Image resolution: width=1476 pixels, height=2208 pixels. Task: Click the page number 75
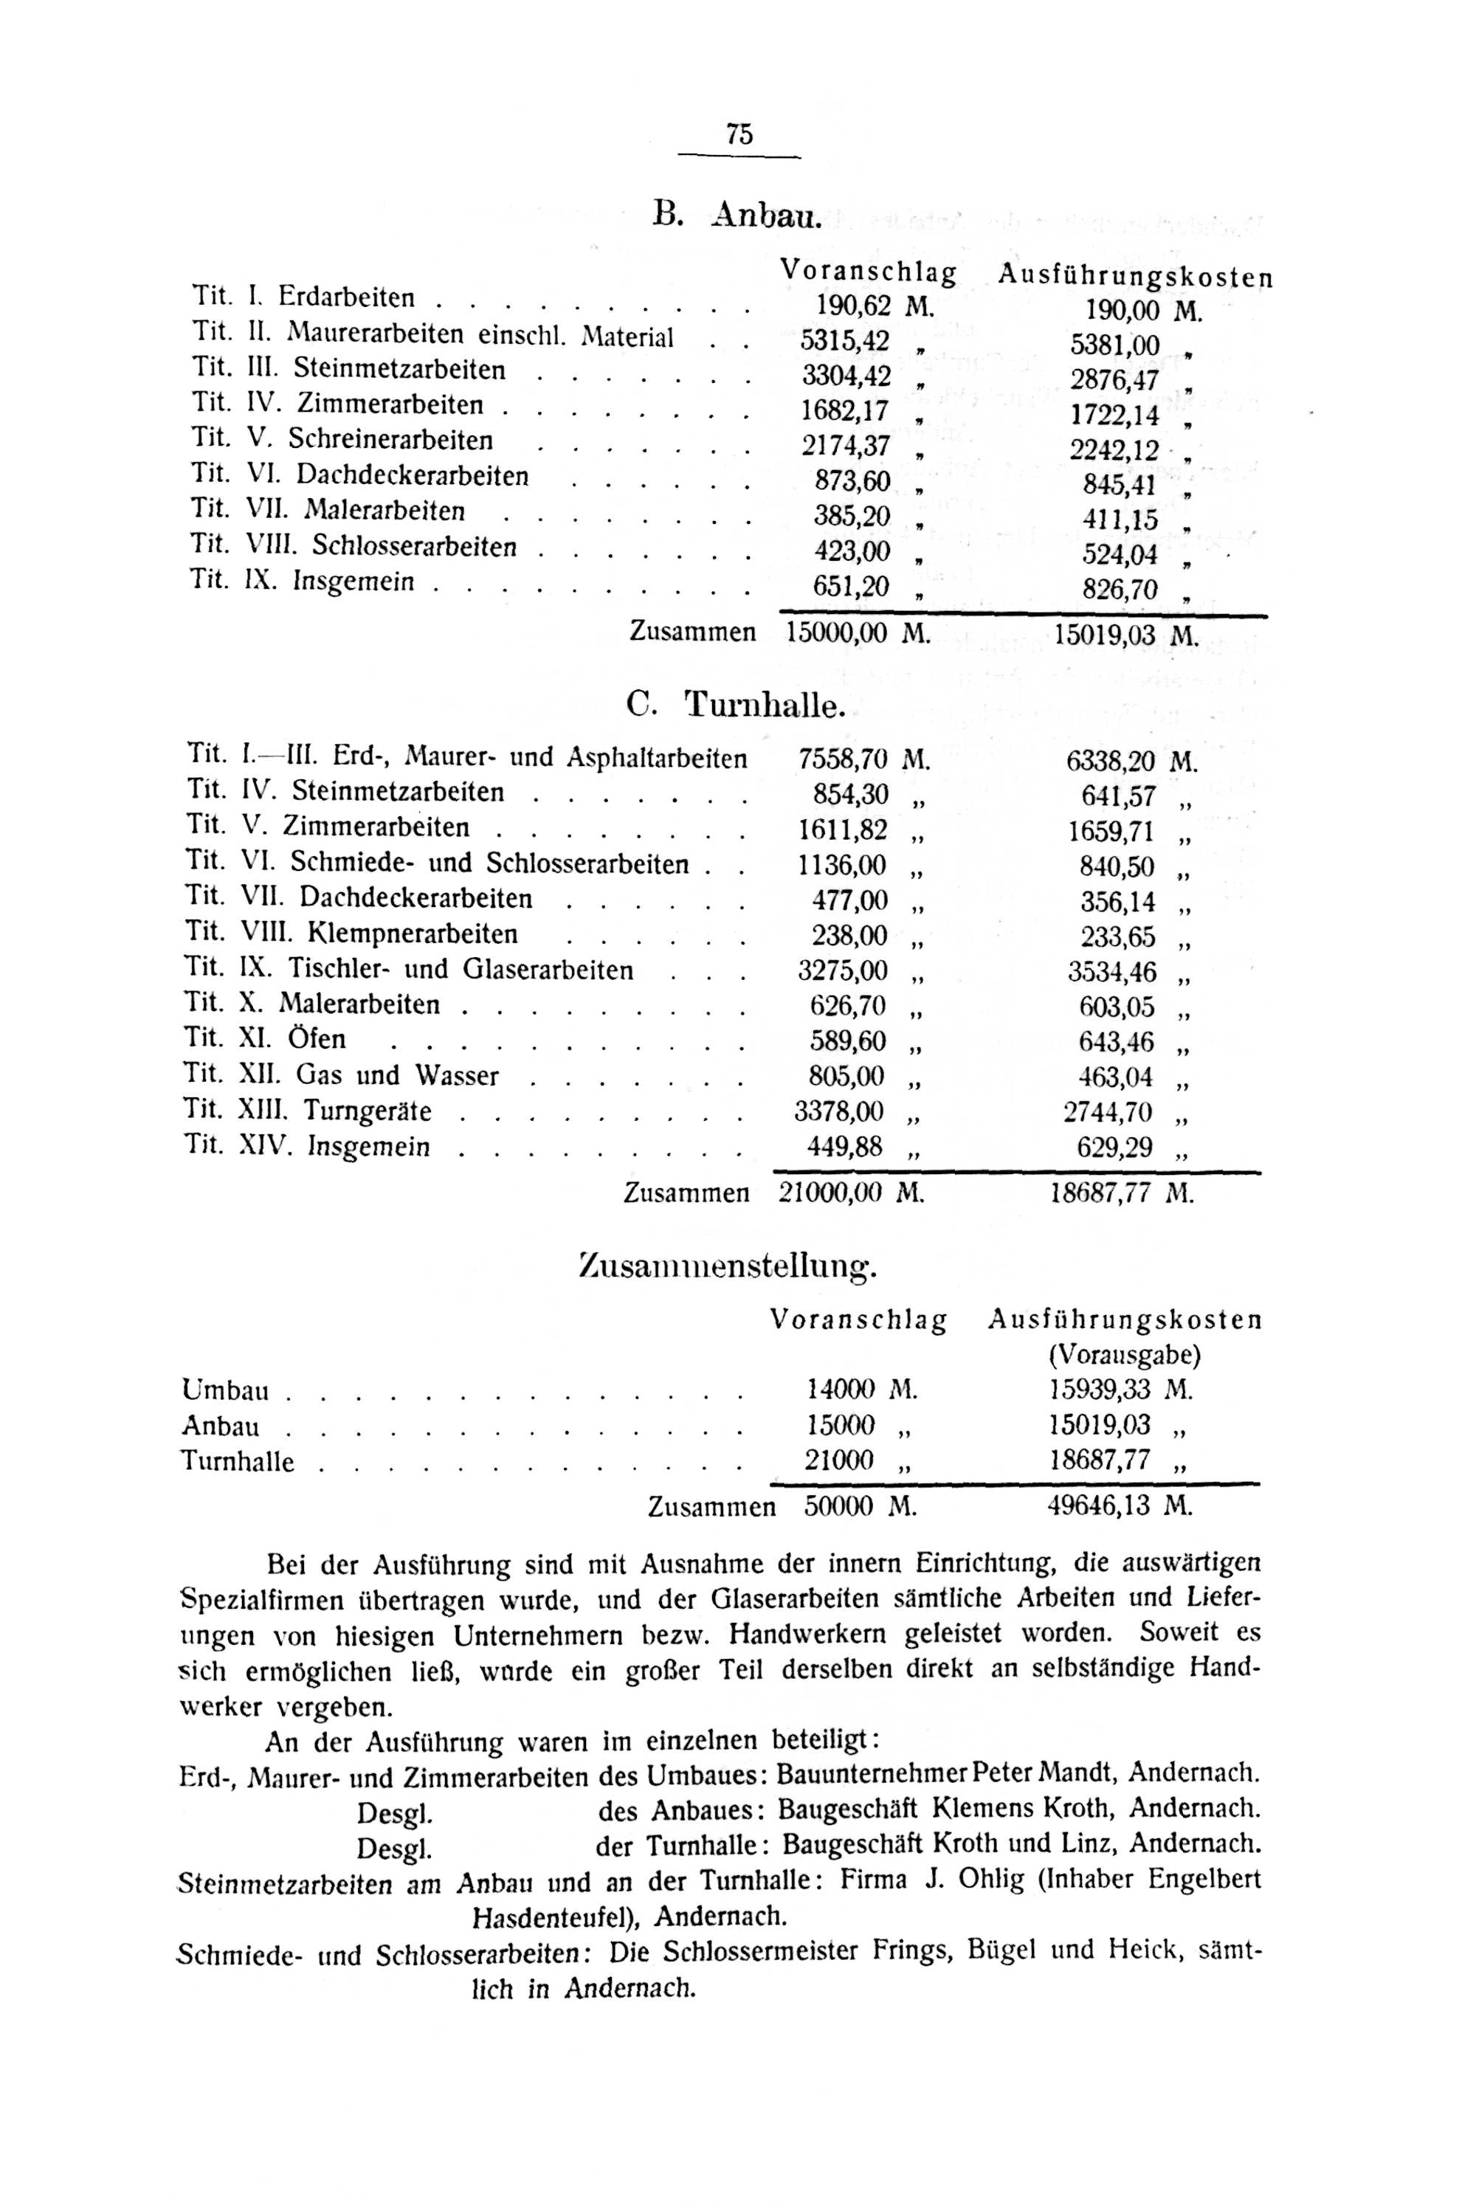click(x=739, y=134)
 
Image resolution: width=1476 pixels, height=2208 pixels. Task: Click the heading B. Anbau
click(x=737, y=215)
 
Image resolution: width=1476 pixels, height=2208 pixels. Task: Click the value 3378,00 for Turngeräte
click(x=838, y=1111)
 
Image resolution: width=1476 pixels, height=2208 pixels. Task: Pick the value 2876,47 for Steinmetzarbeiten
click(x=1114, y=380)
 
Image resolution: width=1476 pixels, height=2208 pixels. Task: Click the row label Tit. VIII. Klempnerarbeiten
click(x=351, y=934)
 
